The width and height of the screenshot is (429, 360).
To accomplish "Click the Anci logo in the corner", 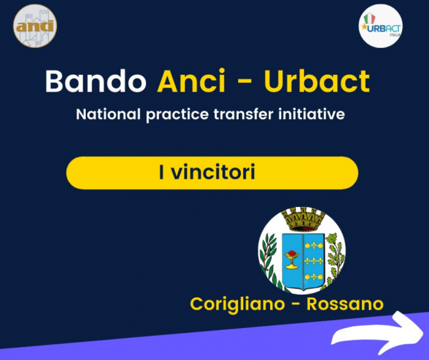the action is [x=35, y=26].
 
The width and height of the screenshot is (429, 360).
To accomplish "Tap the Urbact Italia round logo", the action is [x=380, y=26].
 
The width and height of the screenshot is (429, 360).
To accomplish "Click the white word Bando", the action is [x=96, y=81].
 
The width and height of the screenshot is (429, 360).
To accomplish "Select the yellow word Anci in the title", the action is [x=191, y=81].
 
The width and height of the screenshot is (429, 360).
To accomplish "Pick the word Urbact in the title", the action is [x=317, y=81].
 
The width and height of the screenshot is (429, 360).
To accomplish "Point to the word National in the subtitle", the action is [x=108, y=114].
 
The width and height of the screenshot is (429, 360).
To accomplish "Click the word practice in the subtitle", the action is [x=177, y=115].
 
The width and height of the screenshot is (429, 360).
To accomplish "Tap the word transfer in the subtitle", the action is [x=243, y=114].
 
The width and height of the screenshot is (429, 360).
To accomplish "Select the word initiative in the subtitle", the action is [x=312, y=114].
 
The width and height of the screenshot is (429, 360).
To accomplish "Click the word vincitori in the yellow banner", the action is [x=213, y=172].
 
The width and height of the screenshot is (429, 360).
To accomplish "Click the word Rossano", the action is [x=345, y=304].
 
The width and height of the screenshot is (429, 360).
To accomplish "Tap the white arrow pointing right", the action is [x=378, y=333].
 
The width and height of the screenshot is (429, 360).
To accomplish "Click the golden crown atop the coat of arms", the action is [x=303, y=219].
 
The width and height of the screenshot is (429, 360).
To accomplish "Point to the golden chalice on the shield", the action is [x=292, y=259].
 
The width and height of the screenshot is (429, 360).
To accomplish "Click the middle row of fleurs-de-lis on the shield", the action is [x=314, y=261].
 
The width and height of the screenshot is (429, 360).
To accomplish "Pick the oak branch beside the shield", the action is [x=335, y=260].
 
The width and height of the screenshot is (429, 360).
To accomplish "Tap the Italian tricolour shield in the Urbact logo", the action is [x=369, y=18].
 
